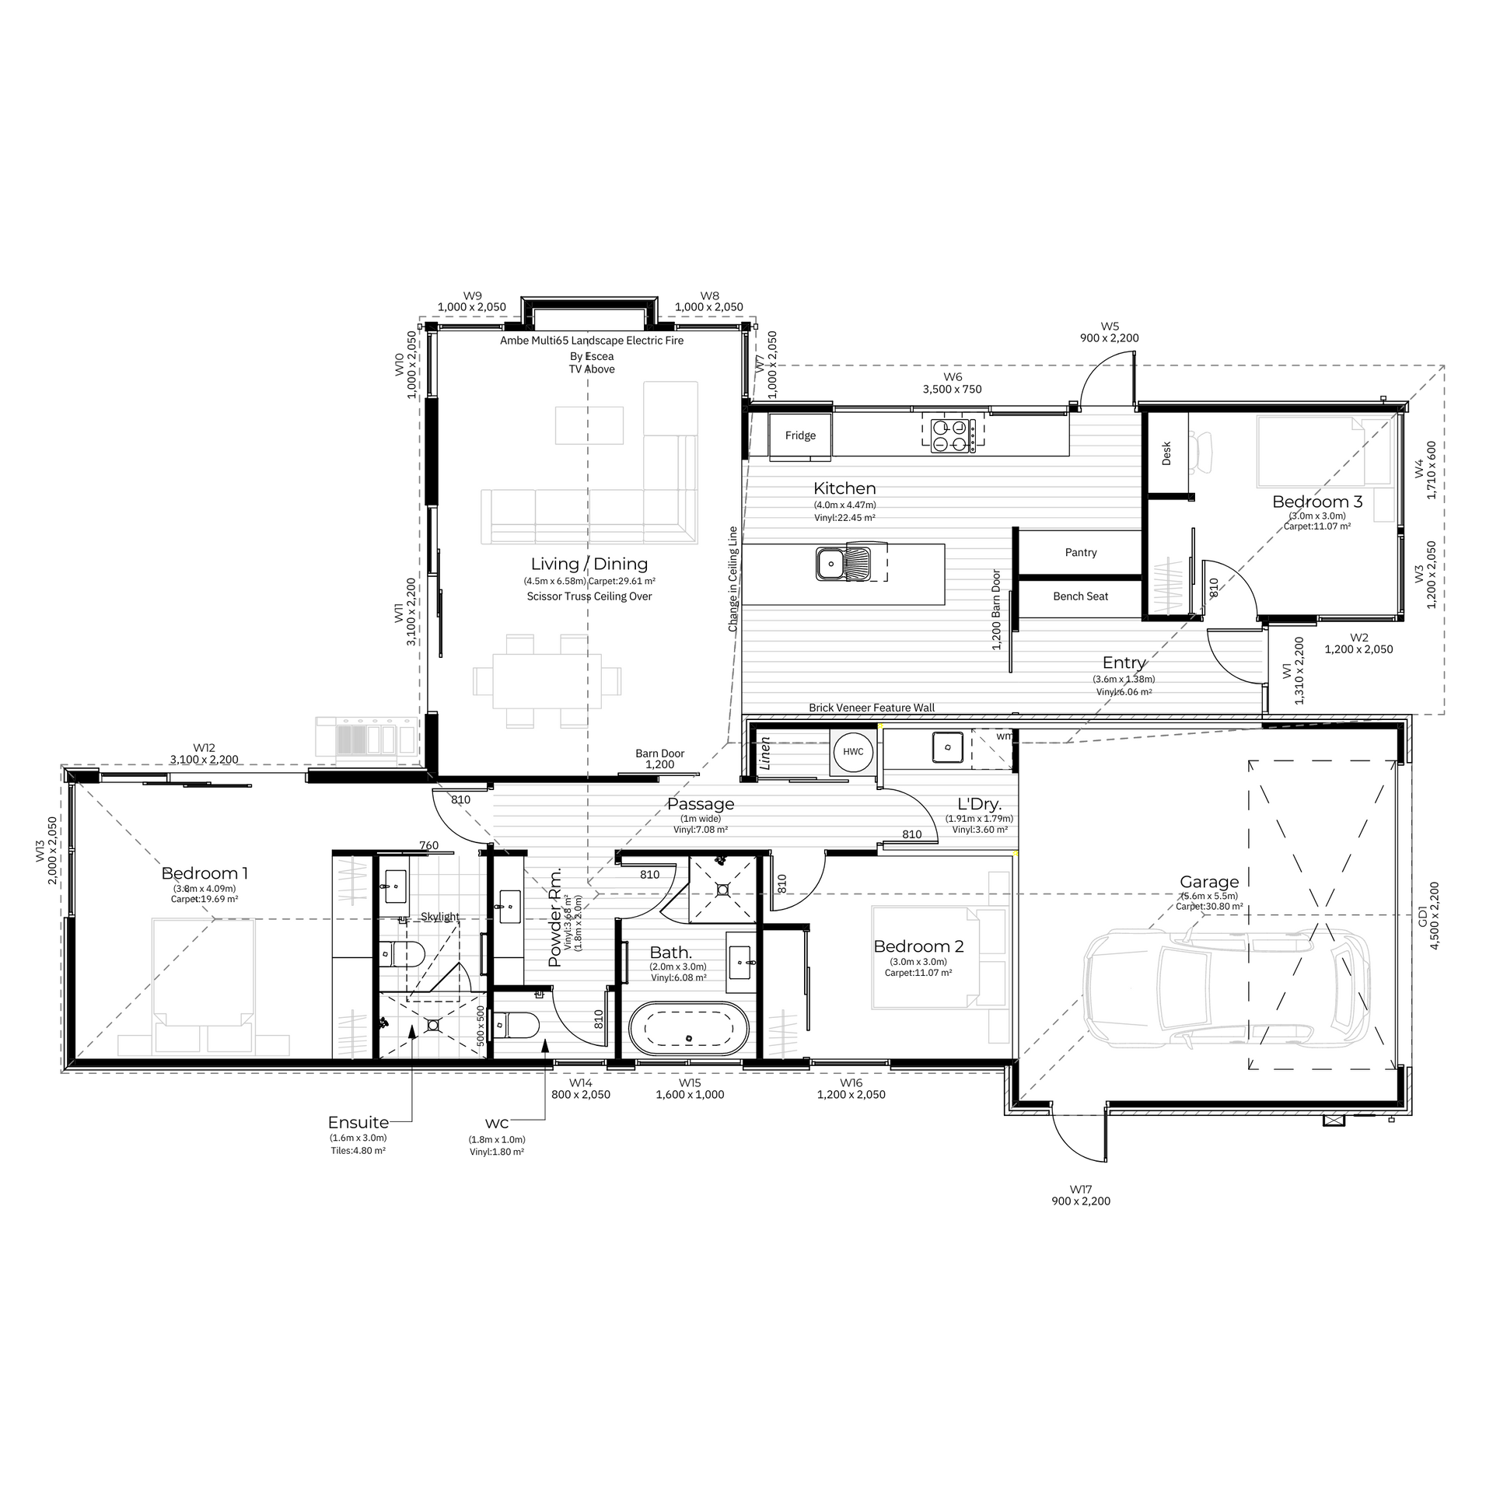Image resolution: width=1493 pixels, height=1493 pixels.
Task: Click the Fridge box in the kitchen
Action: (800, 435)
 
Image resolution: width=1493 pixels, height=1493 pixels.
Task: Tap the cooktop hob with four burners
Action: (953, 435)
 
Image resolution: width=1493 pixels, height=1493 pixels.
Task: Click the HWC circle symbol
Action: (853, 752)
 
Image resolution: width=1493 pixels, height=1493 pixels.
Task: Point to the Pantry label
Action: (1081, 552)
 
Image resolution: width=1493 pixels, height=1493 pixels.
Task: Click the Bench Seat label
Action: (1081, 596)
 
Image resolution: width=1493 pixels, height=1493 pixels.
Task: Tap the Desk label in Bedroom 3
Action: (1166, 454)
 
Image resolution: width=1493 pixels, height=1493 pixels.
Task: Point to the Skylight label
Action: (440, 917)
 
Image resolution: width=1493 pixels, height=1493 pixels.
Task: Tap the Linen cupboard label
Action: (765, 753)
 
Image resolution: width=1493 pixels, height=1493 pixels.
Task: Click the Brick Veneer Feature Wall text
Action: (872, 708)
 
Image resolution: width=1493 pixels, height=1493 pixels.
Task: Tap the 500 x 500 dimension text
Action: (481, 1025)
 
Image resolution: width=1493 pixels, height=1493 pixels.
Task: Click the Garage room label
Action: (1208, 882)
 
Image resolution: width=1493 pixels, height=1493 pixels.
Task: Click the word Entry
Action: (1124, 663)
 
